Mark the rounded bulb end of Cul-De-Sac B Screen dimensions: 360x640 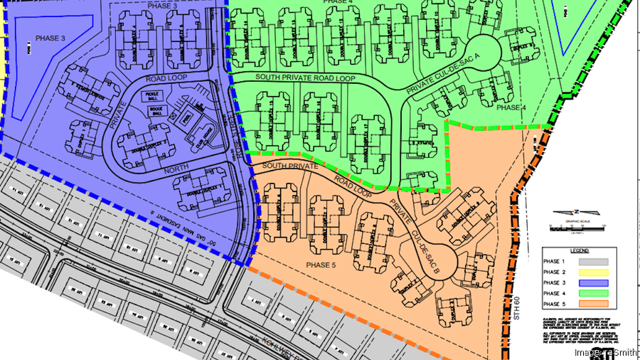click(x=446, y=256)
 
